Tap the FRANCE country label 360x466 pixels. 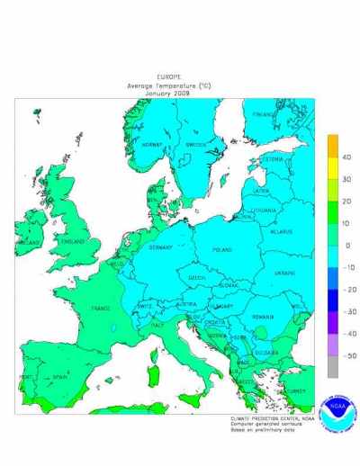pos(101,308)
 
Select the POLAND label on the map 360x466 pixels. pos(222,249)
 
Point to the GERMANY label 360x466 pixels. pos(160,246)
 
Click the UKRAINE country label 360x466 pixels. pos(283,271)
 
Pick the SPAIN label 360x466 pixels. pos(58,377)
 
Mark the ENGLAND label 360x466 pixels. pos(73,241)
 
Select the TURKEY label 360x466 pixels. pos(296,390)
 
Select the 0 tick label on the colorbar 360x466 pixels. pos(346,246)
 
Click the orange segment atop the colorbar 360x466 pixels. pos(332,146)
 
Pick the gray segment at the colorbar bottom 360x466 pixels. pos(332,366)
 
